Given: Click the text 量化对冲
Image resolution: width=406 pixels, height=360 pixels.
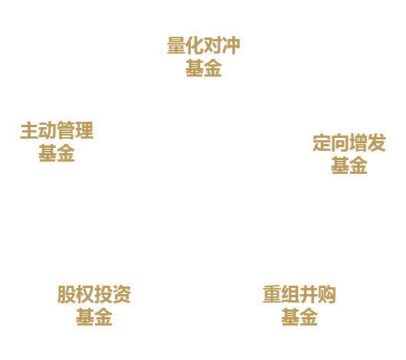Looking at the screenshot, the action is click(x=204, y=46).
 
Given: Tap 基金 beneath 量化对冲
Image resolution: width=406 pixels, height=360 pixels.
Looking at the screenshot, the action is click(x=204, y=68).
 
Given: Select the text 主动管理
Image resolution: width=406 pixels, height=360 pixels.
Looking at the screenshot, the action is click(x=57, y=130).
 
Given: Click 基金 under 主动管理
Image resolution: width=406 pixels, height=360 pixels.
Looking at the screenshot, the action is click(x=57, y=153).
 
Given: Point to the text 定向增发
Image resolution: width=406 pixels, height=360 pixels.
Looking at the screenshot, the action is click(x=349, y=142).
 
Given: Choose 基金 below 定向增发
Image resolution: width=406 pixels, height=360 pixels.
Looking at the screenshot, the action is click(x=349, y=165).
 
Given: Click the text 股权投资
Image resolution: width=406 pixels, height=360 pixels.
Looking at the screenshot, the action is click(x=94, y=294).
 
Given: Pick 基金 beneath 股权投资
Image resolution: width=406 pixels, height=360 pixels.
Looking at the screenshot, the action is click(x=94, y=317).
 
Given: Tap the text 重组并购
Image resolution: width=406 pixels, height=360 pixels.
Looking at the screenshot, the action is click(x=300, y=294).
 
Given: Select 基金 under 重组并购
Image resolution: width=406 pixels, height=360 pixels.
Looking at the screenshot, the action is click(x=300, y=317).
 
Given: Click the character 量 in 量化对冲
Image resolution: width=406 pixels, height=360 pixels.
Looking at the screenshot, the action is click(x=176, y=46).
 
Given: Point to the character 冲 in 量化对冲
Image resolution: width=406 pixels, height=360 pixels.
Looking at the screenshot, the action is click(x=231, y=46).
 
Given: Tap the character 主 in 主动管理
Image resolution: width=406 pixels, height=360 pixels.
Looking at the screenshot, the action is click(x=29, y=130).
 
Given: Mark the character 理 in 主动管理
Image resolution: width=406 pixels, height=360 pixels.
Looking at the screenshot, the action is click(x=84, y=130).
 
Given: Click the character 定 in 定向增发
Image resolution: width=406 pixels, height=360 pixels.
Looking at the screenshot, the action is click(x=322, y=142).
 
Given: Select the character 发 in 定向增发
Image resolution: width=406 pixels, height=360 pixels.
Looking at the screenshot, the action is click(x=377, y=142).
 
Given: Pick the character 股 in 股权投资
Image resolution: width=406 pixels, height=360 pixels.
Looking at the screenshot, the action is click(x=67, y=294).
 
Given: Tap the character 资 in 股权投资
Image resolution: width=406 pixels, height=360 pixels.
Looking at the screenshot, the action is click(x=122, y=294).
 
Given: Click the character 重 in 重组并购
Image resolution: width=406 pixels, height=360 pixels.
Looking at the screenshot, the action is click(x=272, y=294).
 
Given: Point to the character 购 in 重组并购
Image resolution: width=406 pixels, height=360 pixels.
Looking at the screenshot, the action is click(x=327, y=294).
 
